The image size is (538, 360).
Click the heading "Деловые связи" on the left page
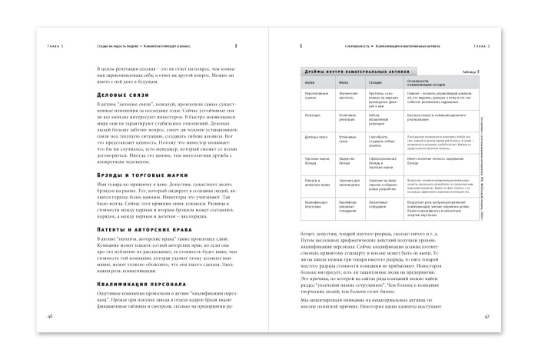[117, 95]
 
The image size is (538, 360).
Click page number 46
[51, 337]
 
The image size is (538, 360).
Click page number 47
[487, 337]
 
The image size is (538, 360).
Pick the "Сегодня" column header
[384, 81]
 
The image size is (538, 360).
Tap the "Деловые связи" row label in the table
[315, 136]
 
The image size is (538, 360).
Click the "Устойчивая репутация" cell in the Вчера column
[350, 116]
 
